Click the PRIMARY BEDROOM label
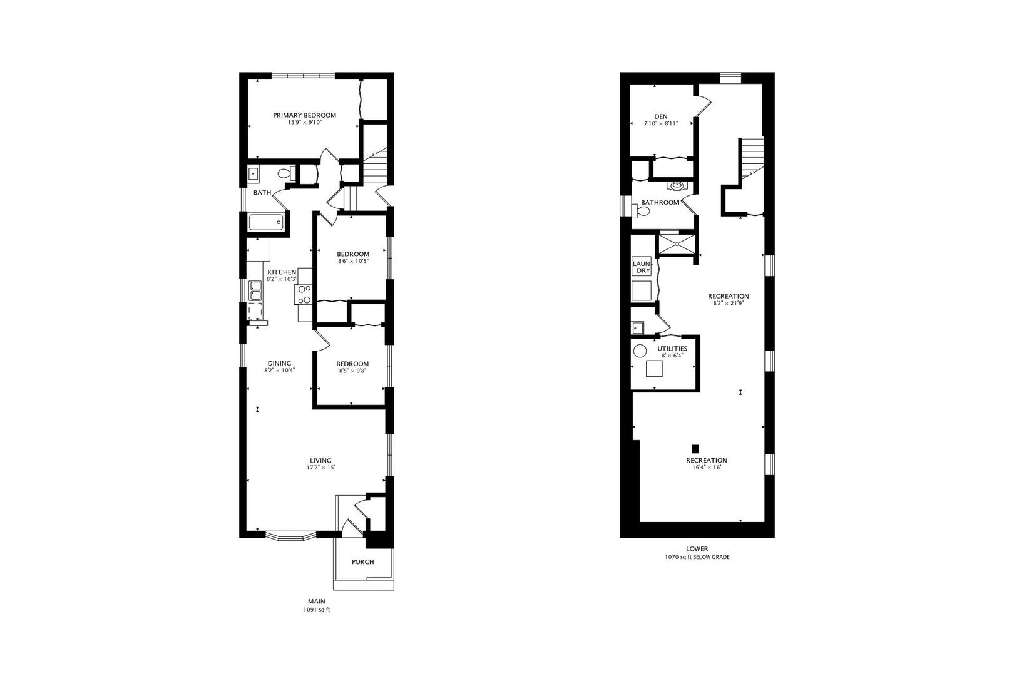[x=304, y=115]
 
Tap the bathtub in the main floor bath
[x=265, y=223]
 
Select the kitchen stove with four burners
[x=304, y=294]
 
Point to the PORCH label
[x=362, y=562]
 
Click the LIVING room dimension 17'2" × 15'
[x=320, y=468]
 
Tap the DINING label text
[x=279, y=363]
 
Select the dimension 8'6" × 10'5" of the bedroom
[x=353, y=261]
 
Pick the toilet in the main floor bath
[x=285, y=173]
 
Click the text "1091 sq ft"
[x=316, y=610]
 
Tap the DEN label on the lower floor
[x=661, y=116]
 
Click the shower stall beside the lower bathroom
[x=677, y=244]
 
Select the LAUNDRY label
[x=642, y=267]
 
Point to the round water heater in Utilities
[x=640, y=351]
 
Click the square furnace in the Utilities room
[x=655, y=369]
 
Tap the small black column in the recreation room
[x=695, y=448]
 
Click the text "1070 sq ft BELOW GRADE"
[x=697, y=557]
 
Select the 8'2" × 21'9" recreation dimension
[x=728, y=304]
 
